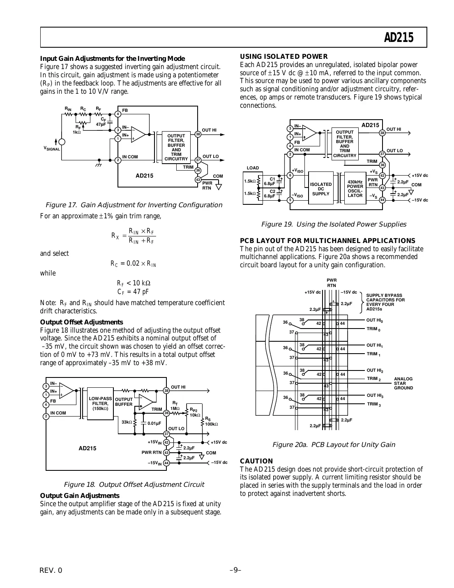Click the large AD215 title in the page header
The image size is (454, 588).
398,38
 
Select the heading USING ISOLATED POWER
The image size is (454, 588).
284,57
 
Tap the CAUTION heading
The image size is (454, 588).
256,461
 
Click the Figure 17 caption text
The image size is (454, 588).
134,205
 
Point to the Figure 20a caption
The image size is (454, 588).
334,444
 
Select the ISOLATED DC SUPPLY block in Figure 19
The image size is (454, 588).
320,189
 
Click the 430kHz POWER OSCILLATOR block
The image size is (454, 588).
355,189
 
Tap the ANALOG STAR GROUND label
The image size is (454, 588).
403,383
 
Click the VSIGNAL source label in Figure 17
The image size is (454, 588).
52,149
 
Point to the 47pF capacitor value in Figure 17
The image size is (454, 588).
101,124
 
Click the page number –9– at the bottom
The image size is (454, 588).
235,570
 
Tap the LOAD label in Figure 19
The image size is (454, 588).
253,168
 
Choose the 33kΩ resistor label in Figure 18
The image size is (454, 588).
127,422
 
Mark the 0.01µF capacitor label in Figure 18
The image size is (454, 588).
154,423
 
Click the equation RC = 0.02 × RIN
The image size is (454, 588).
133,264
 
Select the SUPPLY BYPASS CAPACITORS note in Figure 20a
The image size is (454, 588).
385,302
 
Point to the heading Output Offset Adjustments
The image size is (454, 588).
81,322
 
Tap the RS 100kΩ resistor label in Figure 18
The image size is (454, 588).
211,421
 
